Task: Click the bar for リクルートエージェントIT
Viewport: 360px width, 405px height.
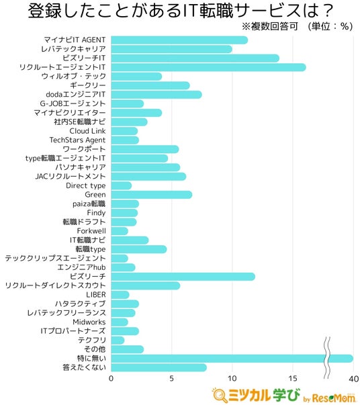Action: [208, 67]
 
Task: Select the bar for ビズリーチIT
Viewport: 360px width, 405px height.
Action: [195, 58]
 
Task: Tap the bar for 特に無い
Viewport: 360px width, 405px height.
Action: [232, 359]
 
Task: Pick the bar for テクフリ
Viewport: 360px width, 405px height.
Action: [118, 340]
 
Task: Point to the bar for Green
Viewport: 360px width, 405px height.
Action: [152, 195]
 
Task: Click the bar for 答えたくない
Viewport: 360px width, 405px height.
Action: [159, 367]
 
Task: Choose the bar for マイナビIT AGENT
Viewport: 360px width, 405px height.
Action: [179, 40]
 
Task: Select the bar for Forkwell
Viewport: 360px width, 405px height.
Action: [120, 231]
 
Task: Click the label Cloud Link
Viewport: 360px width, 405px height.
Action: [87, 131]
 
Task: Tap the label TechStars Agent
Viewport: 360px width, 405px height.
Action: [77, 140]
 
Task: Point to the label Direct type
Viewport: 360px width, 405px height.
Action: [86, 186]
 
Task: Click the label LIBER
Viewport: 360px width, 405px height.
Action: [96, 295]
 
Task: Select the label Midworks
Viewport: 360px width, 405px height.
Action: [89, 322]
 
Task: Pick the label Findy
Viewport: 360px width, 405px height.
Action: [96, 213]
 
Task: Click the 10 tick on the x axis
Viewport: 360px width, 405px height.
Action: [232, 379]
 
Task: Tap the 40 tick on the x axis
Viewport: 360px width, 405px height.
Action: [353, 379]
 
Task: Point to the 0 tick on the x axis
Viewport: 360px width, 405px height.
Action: [111, 379]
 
